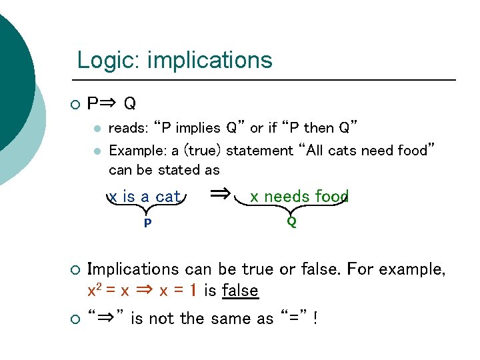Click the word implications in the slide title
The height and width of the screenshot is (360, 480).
(210, 61)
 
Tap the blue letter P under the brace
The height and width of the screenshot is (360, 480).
(147, 223)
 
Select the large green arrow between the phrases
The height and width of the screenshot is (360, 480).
(220, 194)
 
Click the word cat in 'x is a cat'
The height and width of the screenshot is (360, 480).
(168, 197)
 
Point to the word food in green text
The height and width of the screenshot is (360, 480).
(331, 197)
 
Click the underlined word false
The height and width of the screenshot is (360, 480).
(240, 291)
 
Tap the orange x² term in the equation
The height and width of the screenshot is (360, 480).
(94, 291)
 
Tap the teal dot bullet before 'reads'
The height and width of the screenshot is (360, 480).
(97, 128)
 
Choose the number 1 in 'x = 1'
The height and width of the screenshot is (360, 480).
(193, 291)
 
